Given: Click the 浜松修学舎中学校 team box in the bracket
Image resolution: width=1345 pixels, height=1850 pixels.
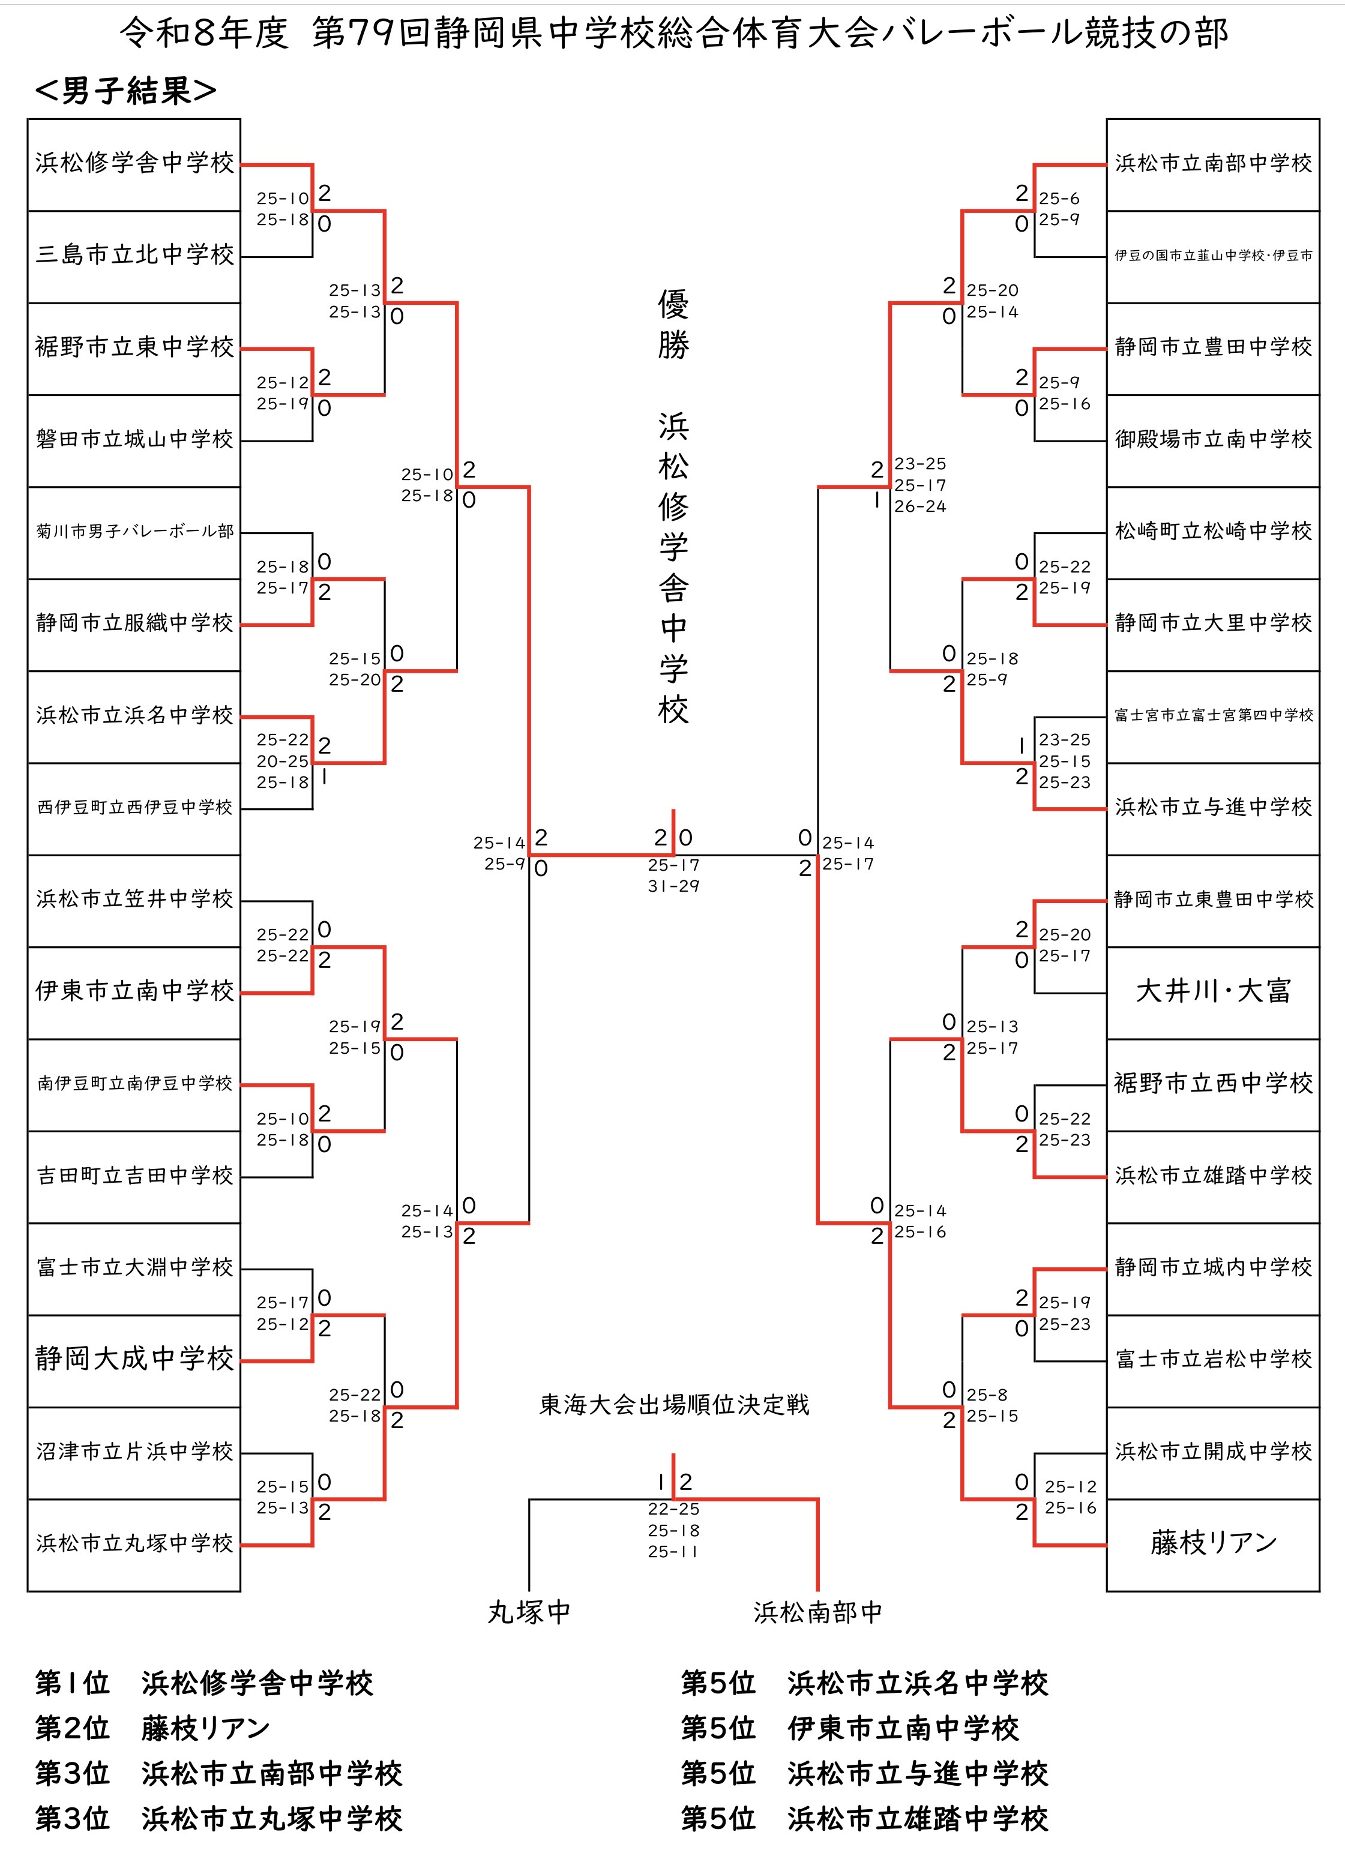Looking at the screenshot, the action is pos(134,165).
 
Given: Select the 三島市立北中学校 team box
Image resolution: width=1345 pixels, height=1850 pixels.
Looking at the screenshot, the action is pos(134,257).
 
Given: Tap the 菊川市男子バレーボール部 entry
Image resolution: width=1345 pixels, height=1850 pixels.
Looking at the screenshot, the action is pos(134,533).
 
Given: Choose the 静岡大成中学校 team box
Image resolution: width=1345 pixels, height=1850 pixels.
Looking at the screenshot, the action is pos(134,1360).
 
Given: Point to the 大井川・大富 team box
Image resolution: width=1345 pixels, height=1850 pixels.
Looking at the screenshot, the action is pos(1213,993).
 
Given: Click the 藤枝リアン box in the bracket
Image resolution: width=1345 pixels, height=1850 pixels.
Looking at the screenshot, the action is pos(1213,1545).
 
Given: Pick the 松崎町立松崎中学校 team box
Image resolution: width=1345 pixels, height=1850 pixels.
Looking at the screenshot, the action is pos(1213,533).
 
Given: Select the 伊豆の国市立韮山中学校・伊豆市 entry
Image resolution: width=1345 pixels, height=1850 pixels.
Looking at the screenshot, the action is pos(1213,257).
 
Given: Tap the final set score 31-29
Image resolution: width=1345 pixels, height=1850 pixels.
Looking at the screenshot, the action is pos(674,886).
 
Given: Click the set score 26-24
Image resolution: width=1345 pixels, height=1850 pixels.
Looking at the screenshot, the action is pos(920,506).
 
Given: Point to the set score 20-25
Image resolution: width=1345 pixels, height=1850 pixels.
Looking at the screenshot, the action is pos(282,761).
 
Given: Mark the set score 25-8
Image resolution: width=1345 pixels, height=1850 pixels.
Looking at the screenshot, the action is pos(987,1395).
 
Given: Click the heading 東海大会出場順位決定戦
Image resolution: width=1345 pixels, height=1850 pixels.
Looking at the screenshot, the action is pos(674,1405).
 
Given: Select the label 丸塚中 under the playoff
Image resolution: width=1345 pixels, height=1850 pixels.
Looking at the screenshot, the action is pos(529,1612).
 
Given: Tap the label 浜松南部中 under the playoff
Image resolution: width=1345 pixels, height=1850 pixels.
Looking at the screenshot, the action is pos(818,1612).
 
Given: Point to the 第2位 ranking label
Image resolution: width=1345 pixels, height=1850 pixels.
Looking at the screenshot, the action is pos(72,1728).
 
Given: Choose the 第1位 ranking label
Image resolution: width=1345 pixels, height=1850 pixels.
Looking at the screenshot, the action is pos(72,1683).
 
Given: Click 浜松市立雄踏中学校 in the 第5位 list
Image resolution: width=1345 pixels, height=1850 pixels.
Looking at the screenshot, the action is pos(918,1818).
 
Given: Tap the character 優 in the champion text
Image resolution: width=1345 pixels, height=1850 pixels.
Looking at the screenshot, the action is pos(674,304).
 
